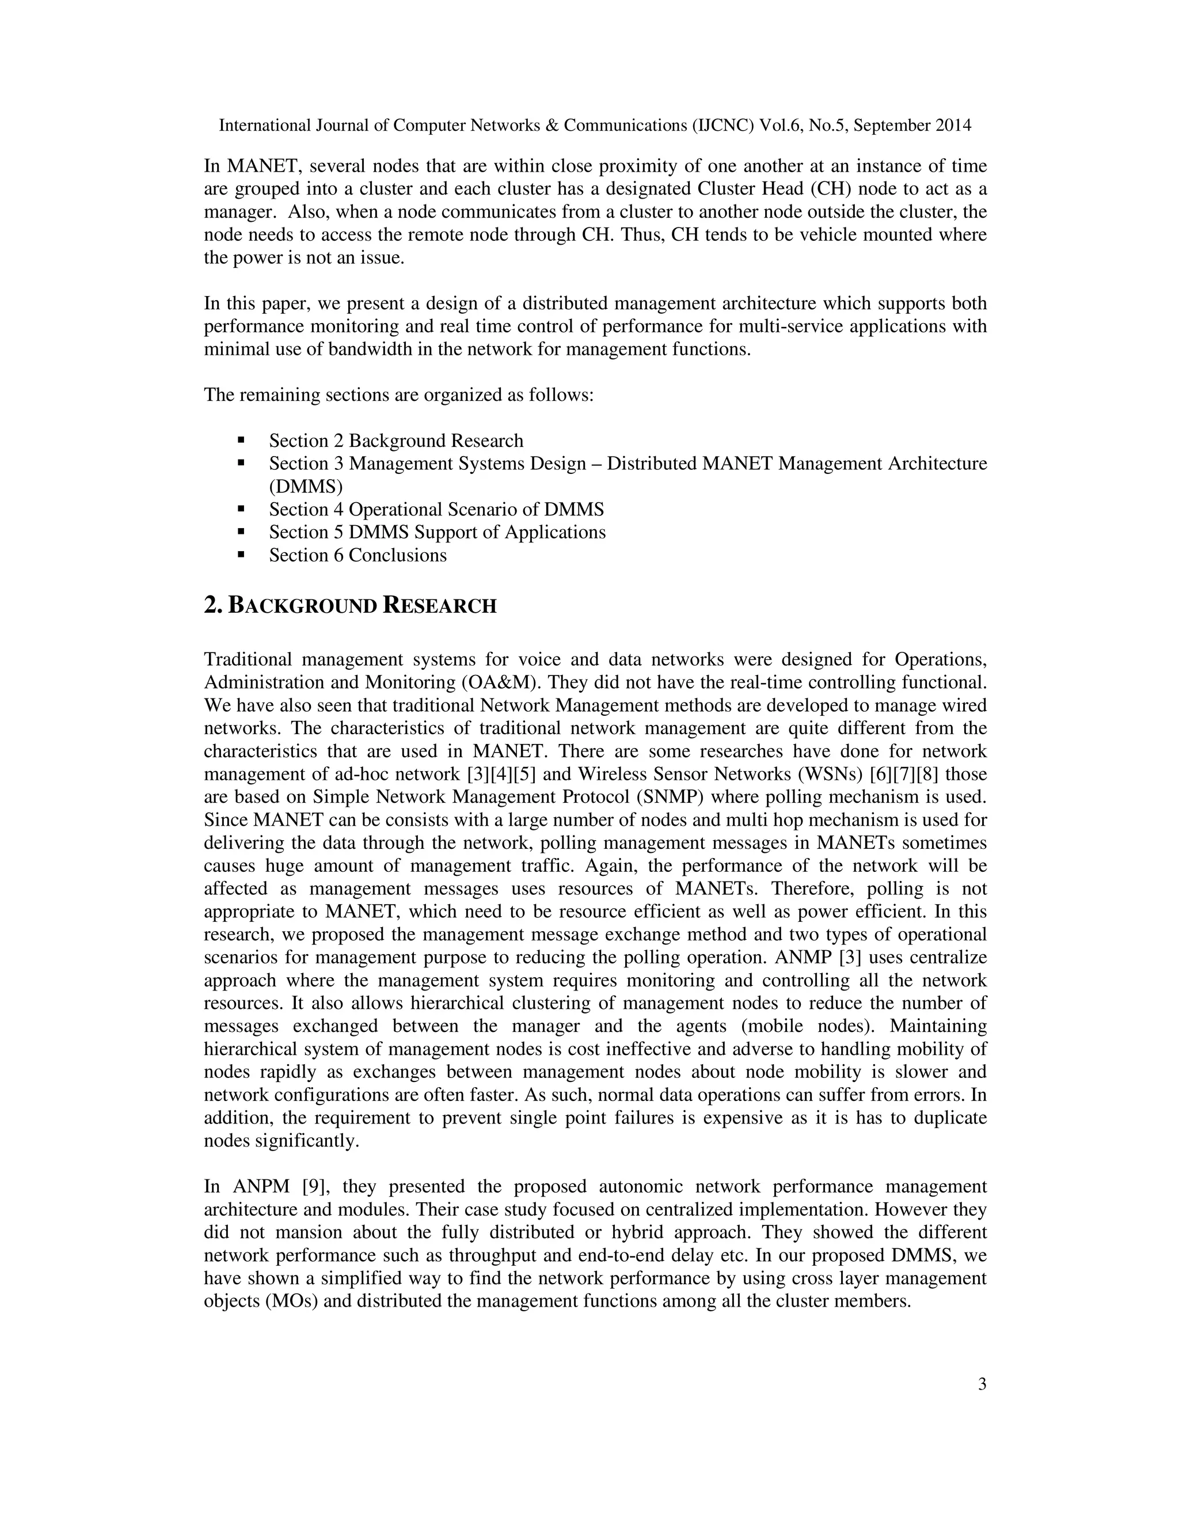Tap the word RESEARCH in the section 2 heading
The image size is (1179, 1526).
pos(440,606)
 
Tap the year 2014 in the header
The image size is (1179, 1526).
pos(953,126)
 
